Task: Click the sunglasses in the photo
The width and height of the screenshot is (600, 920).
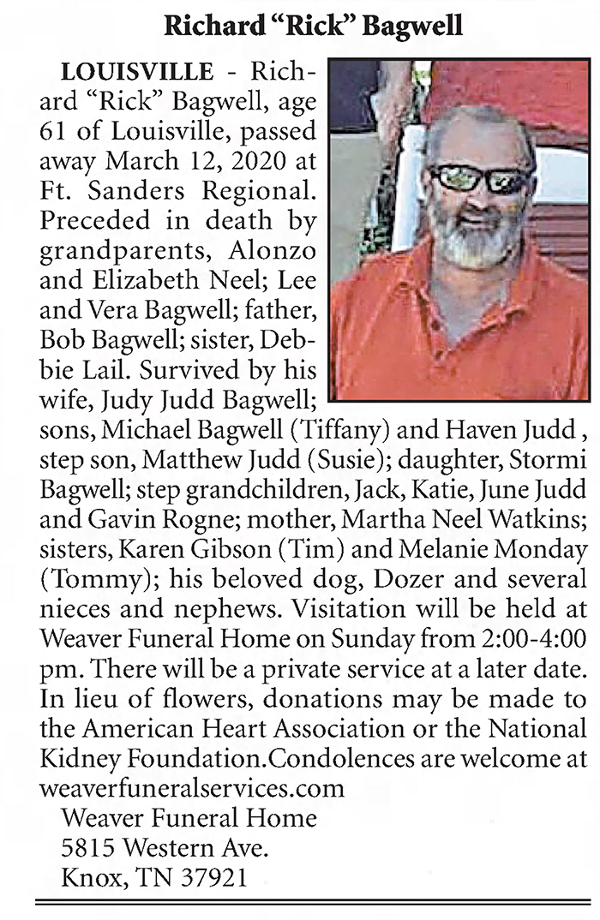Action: (480, 178)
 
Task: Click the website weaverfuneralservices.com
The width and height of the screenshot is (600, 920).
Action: (192, 786)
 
